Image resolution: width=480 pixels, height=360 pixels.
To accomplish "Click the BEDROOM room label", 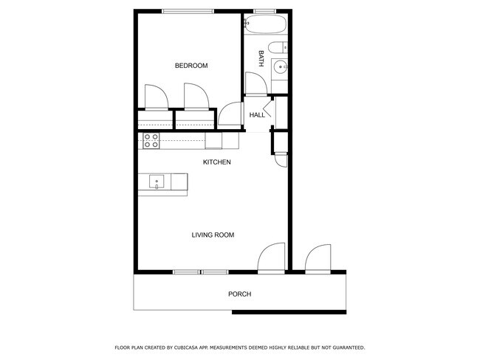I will point(191,66).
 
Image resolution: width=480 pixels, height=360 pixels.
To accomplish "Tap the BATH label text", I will point(261,59).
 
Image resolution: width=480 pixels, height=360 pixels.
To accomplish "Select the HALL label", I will point(257,115).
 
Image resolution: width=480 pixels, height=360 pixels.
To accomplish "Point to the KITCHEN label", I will point(218,162).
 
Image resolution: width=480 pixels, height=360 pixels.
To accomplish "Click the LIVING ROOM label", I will point(213,235).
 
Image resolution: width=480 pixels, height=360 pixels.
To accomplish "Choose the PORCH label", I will point(239,294).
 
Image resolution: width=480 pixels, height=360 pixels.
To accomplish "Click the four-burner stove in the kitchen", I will point(151,140).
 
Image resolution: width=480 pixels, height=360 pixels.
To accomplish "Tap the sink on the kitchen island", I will point(157,181).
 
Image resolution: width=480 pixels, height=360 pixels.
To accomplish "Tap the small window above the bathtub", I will point(264,10).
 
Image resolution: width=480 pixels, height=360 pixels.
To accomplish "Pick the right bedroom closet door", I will point(196,97).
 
